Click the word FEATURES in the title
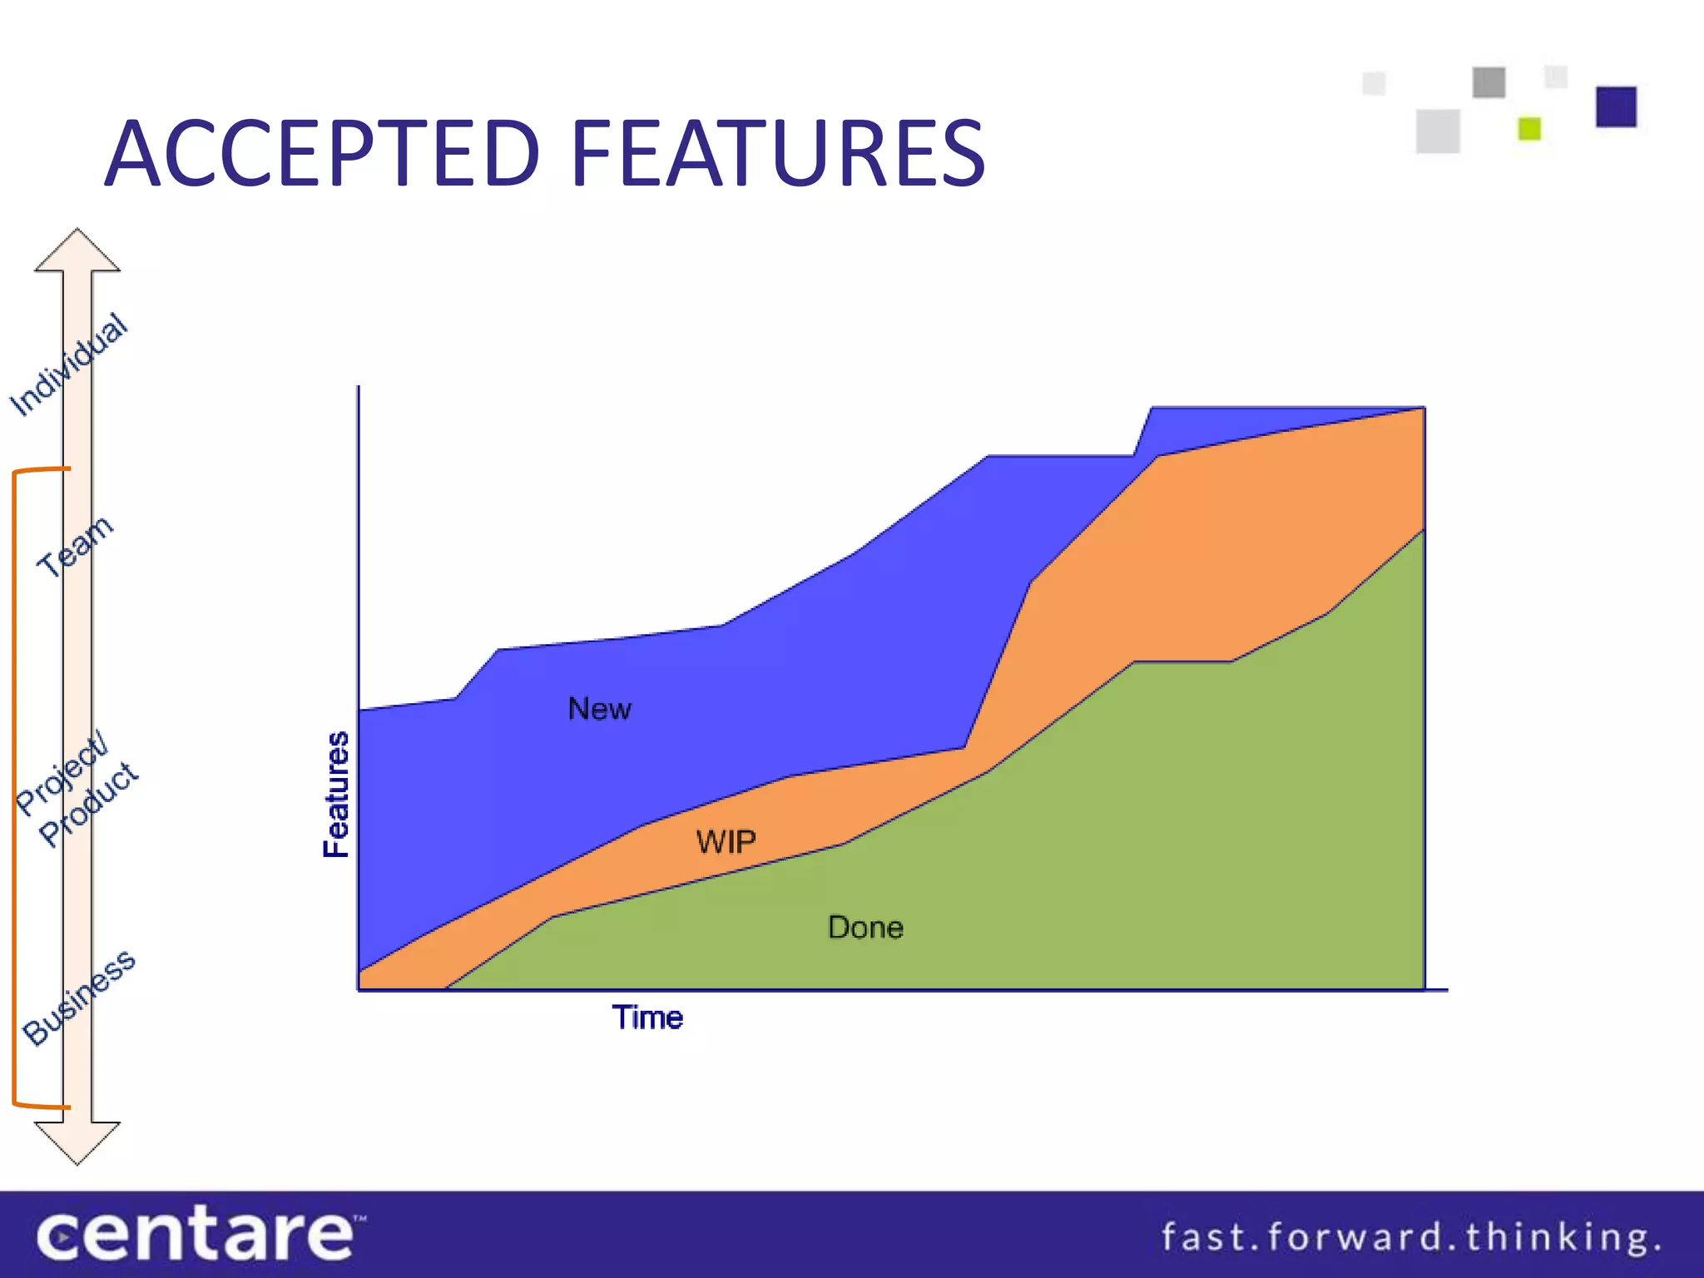coord(778,154)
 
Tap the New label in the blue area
coord(599,709)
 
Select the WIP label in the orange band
coord(726,842)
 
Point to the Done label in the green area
coord(865,928)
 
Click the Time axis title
coord(647,1018)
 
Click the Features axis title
coord(336,795)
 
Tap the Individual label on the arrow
coord(69,364)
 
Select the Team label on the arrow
coord(75,546)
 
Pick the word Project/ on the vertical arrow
coord(62,774)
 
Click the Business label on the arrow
coord(79,997)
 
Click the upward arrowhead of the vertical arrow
coord(77,250)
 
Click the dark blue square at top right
coord(1616,106)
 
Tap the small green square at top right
coord(1529,128)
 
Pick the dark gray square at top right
coord(1489,82)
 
